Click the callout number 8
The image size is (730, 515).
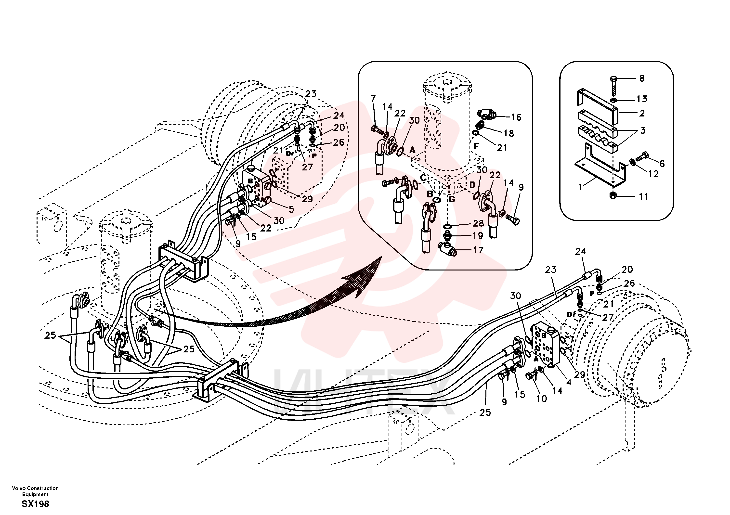point(642,78)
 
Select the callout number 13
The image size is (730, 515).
point(642,99)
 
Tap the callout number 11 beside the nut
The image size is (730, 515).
point(643,196)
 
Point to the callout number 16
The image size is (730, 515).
point(516,117)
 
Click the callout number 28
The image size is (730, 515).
point(478,223)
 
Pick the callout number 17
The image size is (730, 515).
point(478,250)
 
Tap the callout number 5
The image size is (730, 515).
point(291,209)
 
